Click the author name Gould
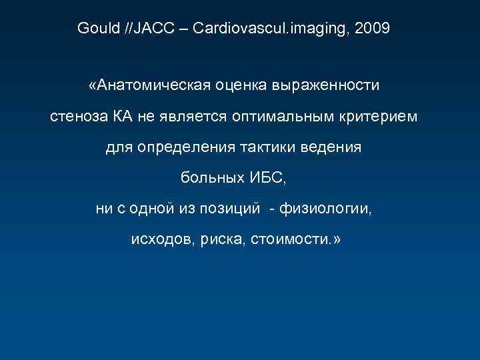97,29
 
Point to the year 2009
373,29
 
